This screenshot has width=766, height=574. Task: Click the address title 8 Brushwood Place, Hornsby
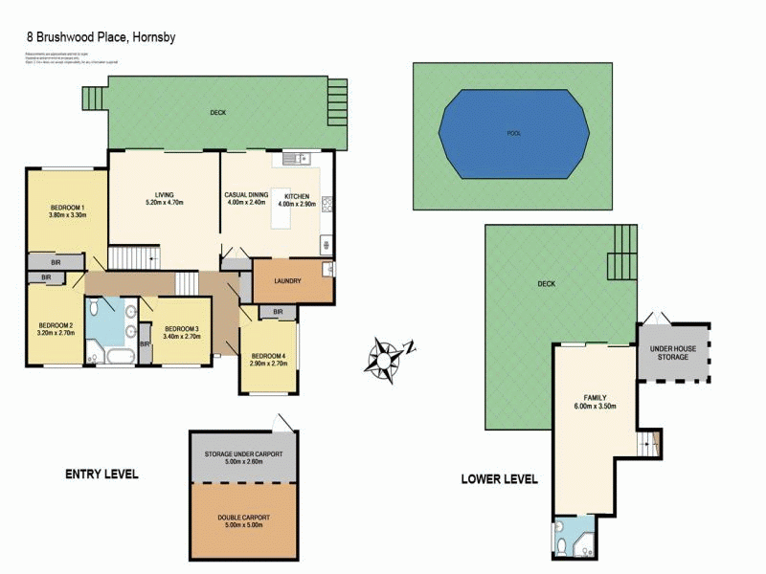(101, 37)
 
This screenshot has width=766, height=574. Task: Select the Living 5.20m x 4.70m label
(163, 199)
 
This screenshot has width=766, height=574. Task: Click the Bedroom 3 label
(180, 331)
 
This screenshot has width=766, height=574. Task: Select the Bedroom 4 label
(267, 359)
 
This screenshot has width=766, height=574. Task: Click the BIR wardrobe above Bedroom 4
(278, 312)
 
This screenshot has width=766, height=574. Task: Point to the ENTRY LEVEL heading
(101, 474)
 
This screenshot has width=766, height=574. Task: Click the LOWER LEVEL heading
(499, 479)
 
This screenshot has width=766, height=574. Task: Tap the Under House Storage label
(673, 353)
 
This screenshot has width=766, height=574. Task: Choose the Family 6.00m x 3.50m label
(596, 402)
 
